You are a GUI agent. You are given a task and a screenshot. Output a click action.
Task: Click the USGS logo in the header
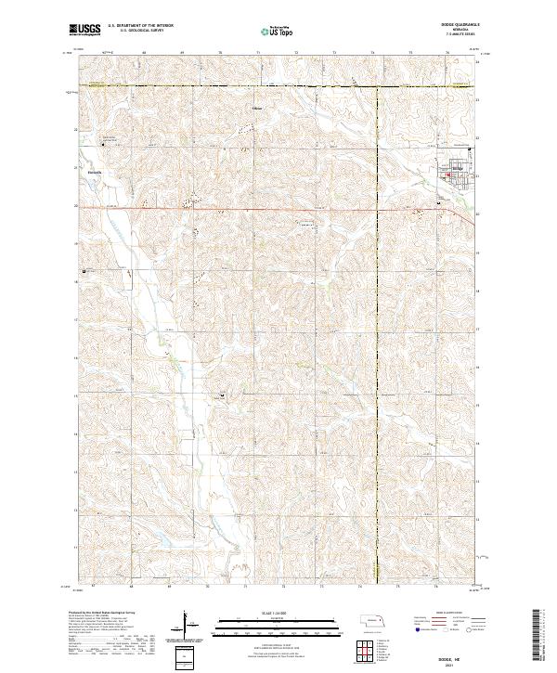[x=85, y=31]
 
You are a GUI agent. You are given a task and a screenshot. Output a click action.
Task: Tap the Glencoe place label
[x=92, y=171]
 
